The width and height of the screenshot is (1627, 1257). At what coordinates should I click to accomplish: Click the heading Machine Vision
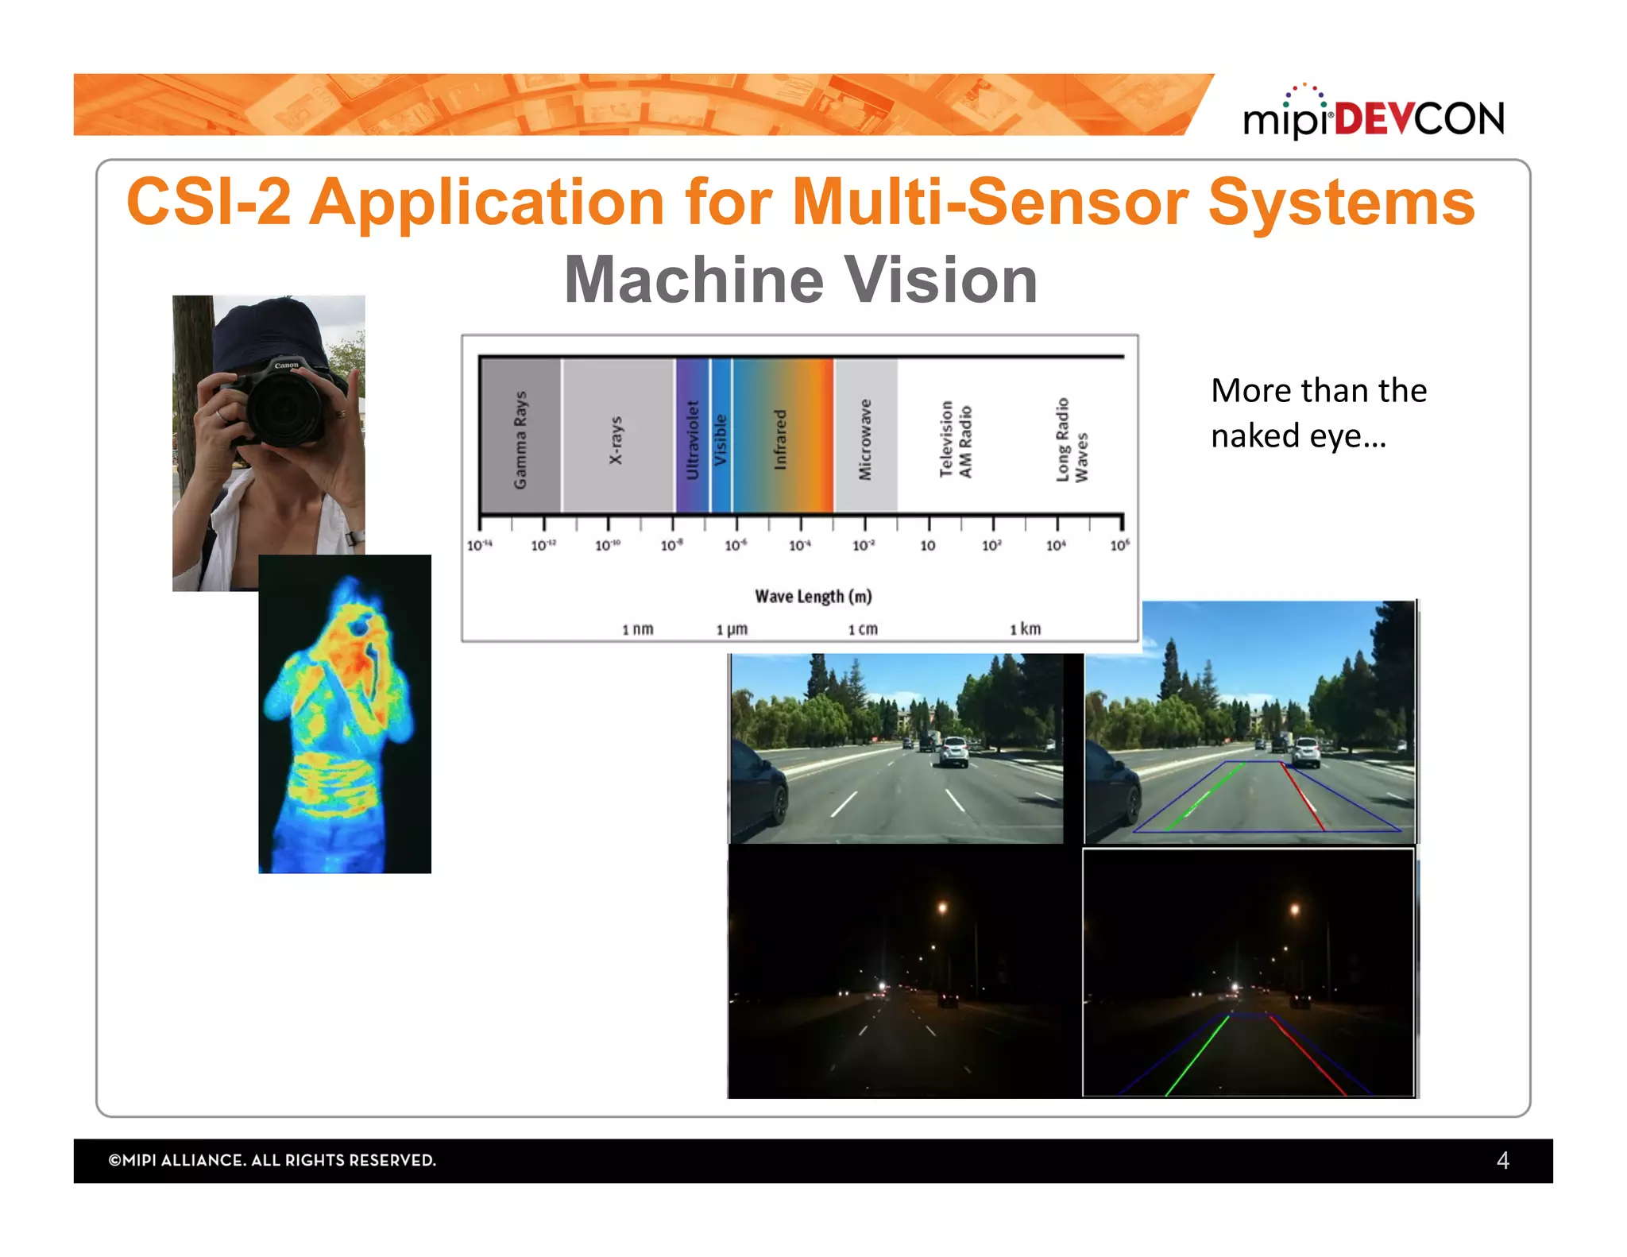[801, 280]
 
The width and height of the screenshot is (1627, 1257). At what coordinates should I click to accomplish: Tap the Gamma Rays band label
[520, 439]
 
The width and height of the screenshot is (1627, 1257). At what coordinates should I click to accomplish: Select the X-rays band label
[616, 439]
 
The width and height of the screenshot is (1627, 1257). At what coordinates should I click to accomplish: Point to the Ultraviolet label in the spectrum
[692, 439]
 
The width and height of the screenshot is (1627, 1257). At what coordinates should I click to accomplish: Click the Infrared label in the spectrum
[780, 439]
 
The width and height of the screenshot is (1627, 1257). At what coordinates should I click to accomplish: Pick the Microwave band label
[865, 439]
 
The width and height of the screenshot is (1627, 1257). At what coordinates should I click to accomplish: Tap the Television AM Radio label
[955, 439]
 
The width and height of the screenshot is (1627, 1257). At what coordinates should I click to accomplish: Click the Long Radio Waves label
[1071, 439]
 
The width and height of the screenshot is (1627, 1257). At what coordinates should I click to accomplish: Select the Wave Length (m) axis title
[813, 596]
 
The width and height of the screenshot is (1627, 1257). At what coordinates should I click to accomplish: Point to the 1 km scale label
[1025, 628]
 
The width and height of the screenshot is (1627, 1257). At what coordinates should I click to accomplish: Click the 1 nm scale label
[637, 629]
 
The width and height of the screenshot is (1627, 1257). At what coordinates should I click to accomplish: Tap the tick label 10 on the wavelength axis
[927, 546]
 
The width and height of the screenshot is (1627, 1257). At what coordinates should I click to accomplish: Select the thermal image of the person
[345, 714]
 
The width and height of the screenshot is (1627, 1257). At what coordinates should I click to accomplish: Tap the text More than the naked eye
[1318, 412]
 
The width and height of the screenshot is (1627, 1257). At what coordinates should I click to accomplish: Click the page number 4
[1502, 1160]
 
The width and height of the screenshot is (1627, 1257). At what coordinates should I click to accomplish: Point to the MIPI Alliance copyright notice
[272, 1160]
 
